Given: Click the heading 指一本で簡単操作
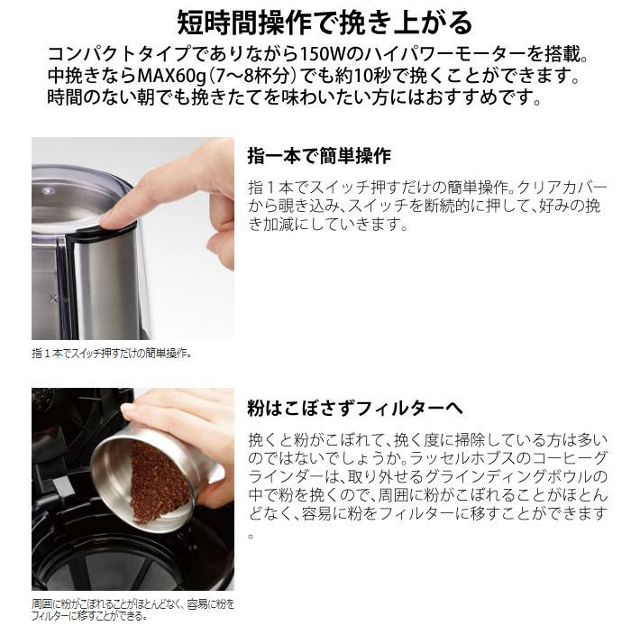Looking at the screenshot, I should pyautogui.click(x=319, y=155).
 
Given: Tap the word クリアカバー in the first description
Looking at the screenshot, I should pyautogui.click(x=558, y=188).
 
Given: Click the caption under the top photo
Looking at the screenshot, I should pyautogui.click(x=112, y=353).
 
